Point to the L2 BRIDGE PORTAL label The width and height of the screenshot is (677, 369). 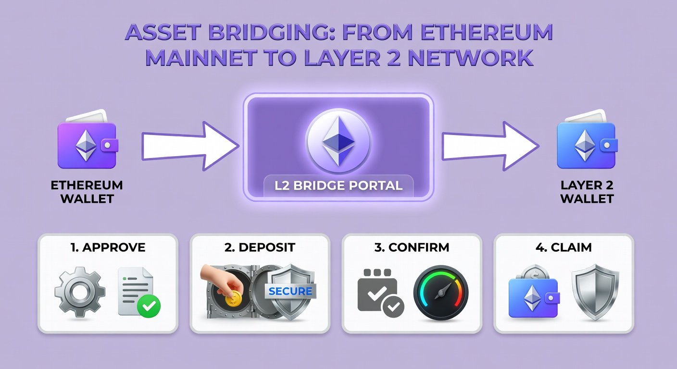pyautogui.click(x=338, y=185)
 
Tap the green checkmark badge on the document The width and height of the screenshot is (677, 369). pyautogui.click(x=149, y=305)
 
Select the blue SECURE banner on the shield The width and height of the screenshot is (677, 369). pyautogui.click(x=290, y=291)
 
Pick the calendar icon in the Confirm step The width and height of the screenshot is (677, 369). pyautogui.click(x=378, y=292)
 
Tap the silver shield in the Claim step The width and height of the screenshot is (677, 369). pyautogui.click(x=595, y=291)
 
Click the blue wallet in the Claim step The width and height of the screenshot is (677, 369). pyautogui.click(x=533, y=295)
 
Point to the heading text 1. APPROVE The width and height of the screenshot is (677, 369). pyautogui.click(x=108, y=248)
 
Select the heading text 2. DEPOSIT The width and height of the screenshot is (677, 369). pyautogui.click(x=260, y=248)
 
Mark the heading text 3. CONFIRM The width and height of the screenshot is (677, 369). pyautogui.click(x=412, y=248)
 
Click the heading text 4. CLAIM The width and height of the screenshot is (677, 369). pyautogui.click(x=564, y=248)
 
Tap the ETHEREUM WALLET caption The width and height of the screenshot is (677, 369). pyautogui.click(x=87, y=192)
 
